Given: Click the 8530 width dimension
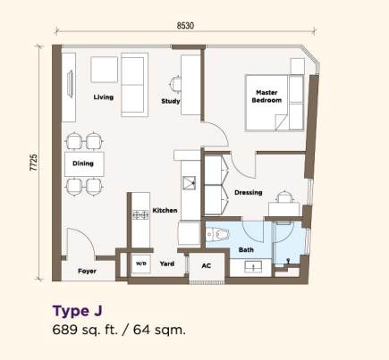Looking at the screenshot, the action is pos(185,26).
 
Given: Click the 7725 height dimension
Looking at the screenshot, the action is pos(34,163).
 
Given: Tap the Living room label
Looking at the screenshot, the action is pos(104,97).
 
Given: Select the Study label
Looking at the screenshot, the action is pos(171,101).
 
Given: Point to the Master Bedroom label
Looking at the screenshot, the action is pos(266,96).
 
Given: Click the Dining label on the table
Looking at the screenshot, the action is pos(83,163).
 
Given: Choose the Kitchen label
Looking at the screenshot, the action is pos(165,211).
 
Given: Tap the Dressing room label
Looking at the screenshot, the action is pos(249,193).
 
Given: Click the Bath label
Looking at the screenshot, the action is pos(246,250).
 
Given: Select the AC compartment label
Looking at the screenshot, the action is pos(207,265).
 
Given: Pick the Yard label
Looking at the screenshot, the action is pos(167,264).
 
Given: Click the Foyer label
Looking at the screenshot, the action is pos(87,271).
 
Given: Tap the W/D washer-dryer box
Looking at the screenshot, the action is pos(141,264).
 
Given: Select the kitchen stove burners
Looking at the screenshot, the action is pos(140,214).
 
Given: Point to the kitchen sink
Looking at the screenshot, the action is pos(190,182).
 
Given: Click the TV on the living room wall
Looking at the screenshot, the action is pos(71,84).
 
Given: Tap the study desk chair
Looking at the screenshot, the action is pos(175,84).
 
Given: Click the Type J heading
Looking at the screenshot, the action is pos(78,311).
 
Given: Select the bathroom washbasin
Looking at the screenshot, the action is pos(253,266).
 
